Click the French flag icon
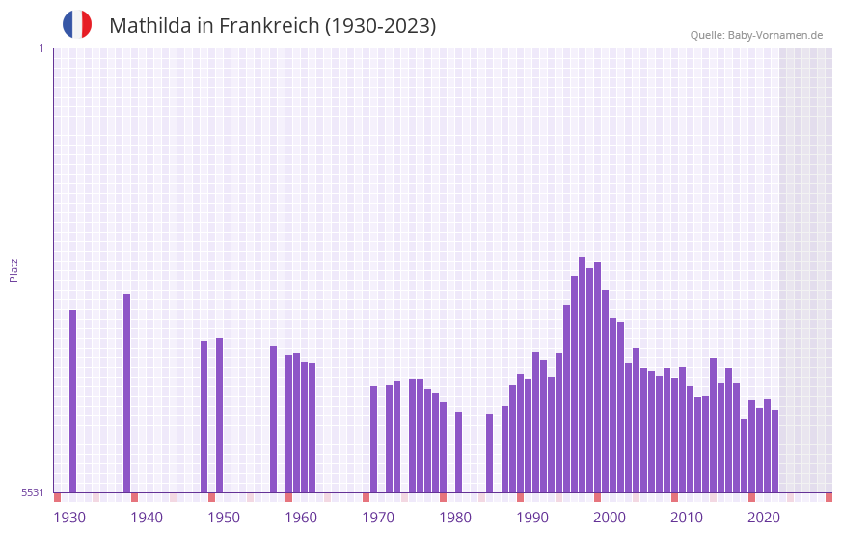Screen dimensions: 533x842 pos(77,24)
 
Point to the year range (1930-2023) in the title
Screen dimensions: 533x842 pos(381,26)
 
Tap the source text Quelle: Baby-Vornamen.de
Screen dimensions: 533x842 pos(756,35)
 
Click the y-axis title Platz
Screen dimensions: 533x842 pos(14,269)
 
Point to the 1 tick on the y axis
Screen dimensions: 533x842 pos(41,48)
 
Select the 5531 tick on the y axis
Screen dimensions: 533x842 pos(33,492)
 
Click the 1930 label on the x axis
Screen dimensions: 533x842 pos(69,518)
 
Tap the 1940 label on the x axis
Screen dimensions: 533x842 pos(147,518)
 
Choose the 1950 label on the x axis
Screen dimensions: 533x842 pos(224,518)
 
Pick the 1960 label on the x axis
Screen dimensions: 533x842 pos(301,518)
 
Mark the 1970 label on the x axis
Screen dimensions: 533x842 pos(378,518)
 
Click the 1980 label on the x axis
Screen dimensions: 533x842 pos(455,518)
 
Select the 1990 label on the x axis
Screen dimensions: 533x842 pos(532,518)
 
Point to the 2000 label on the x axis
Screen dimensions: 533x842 pos(610,518)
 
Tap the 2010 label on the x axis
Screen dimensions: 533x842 pos(687,518)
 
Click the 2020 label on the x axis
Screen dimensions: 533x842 pos(764,518)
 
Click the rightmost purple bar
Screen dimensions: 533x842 pos(774,451)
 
